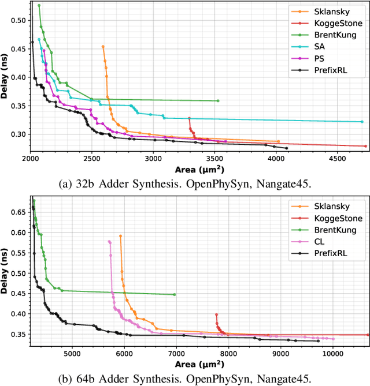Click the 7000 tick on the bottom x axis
tap(176, 352)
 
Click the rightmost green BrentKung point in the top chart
tap(218, 101)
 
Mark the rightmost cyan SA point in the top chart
tap(362, 122)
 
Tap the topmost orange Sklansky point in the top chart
tap(103, 47)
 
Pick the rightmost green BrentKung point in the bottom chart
tap(174, 294)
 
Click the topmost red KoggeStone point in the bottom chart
tap(216, 315)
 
